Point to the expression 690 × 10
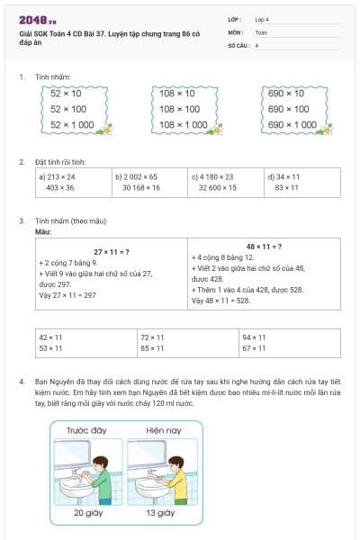tap(286, 94)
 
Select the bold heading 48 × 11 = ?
tap(264, 246)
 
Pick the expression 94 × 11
tap(254, 337)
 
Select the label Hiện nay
tap(160, 431)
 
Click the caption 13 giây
tap(160, 514)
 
